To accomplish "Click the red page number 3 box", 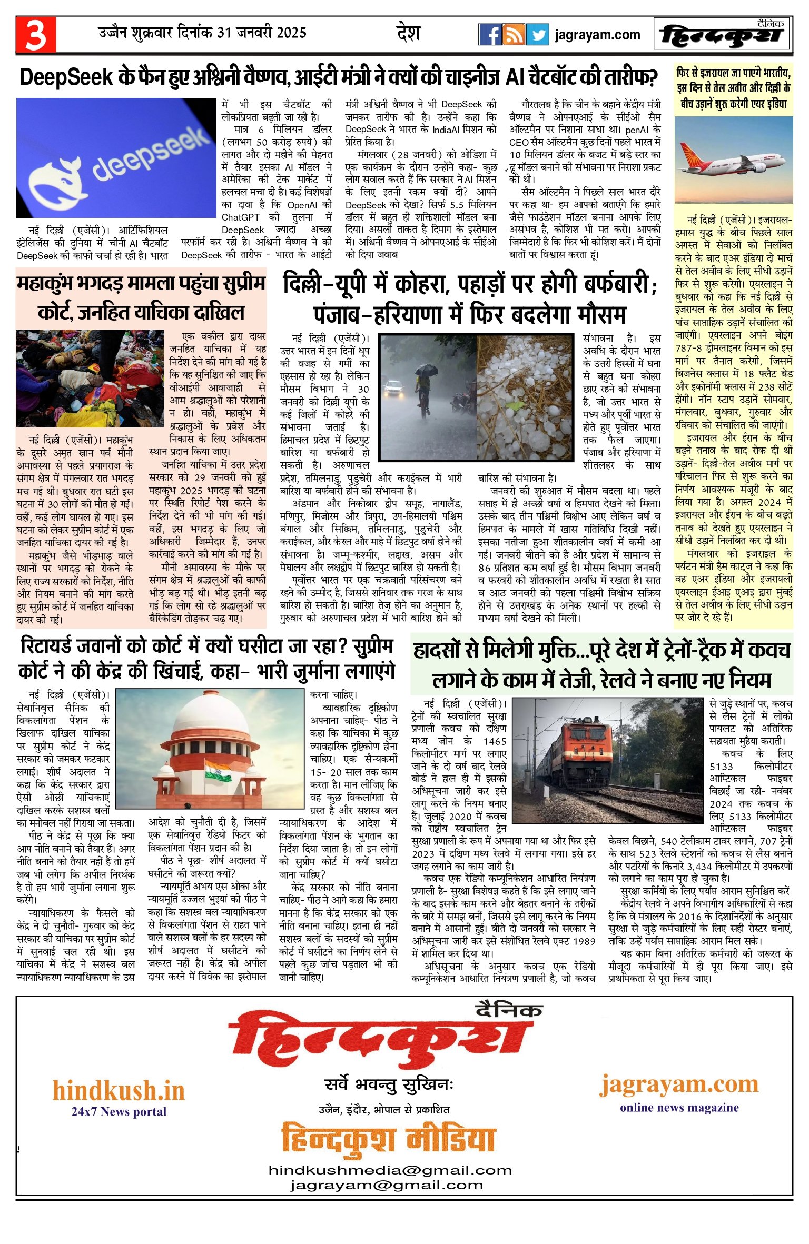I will (35, 35).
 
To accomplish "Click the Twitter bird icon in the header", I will (537, 35).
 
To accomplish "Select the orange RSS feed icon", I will (514, 35).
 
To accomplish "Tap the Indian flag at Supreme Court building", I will (218, 770).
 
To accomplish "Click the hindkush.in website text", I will (119, 1091).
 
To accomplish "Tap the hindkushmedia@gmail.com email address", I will (390, 1170).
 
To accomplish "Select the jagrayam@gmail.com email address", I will (387, 1186).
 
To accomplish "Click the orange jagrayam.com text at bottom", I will (679, 1084).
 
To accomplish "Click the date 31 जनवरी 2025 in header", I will (262, 33).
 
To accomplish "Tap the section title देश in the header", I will (408, 33).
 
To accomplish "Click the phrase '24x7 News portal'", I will (119, 1112).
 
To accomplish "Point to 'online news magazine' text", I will (679, 1108).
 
